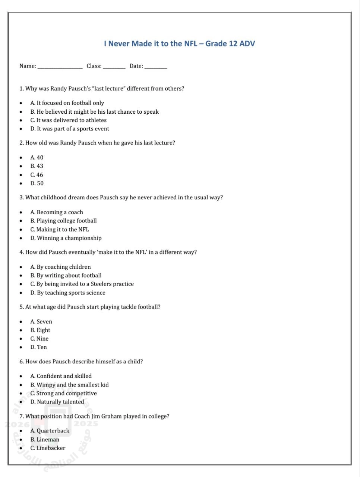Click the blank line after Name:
(x=60, y=67)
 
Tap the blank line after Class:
(x=114, y=67)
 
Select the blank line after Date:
(x=155, y=67)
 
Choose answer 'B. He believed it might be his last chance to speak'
(x=94, y=112)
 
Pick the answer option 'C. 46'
(x=37, y=175)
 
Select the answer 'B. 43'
(x=37, y=166)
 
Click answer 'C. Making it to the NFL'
(x=60, y=230)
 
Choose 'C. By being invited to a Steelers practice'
(x=82, y=284)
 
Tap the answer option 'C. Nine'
(x=40, y=339)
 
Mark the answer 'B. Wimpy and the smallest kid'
(x=69, y=385)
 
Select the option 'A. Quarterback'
(x=50, y=431)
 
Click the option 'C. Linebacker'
(x=48, y=448)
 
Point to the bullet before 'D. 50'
(x=21, y=184)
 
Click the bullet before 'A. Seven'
(x=21, y=322)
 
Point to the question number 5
(x=21, y=307)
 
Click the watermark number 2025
(x=86, y=424)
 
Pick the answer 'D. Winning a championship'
(x=66, y=238)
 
